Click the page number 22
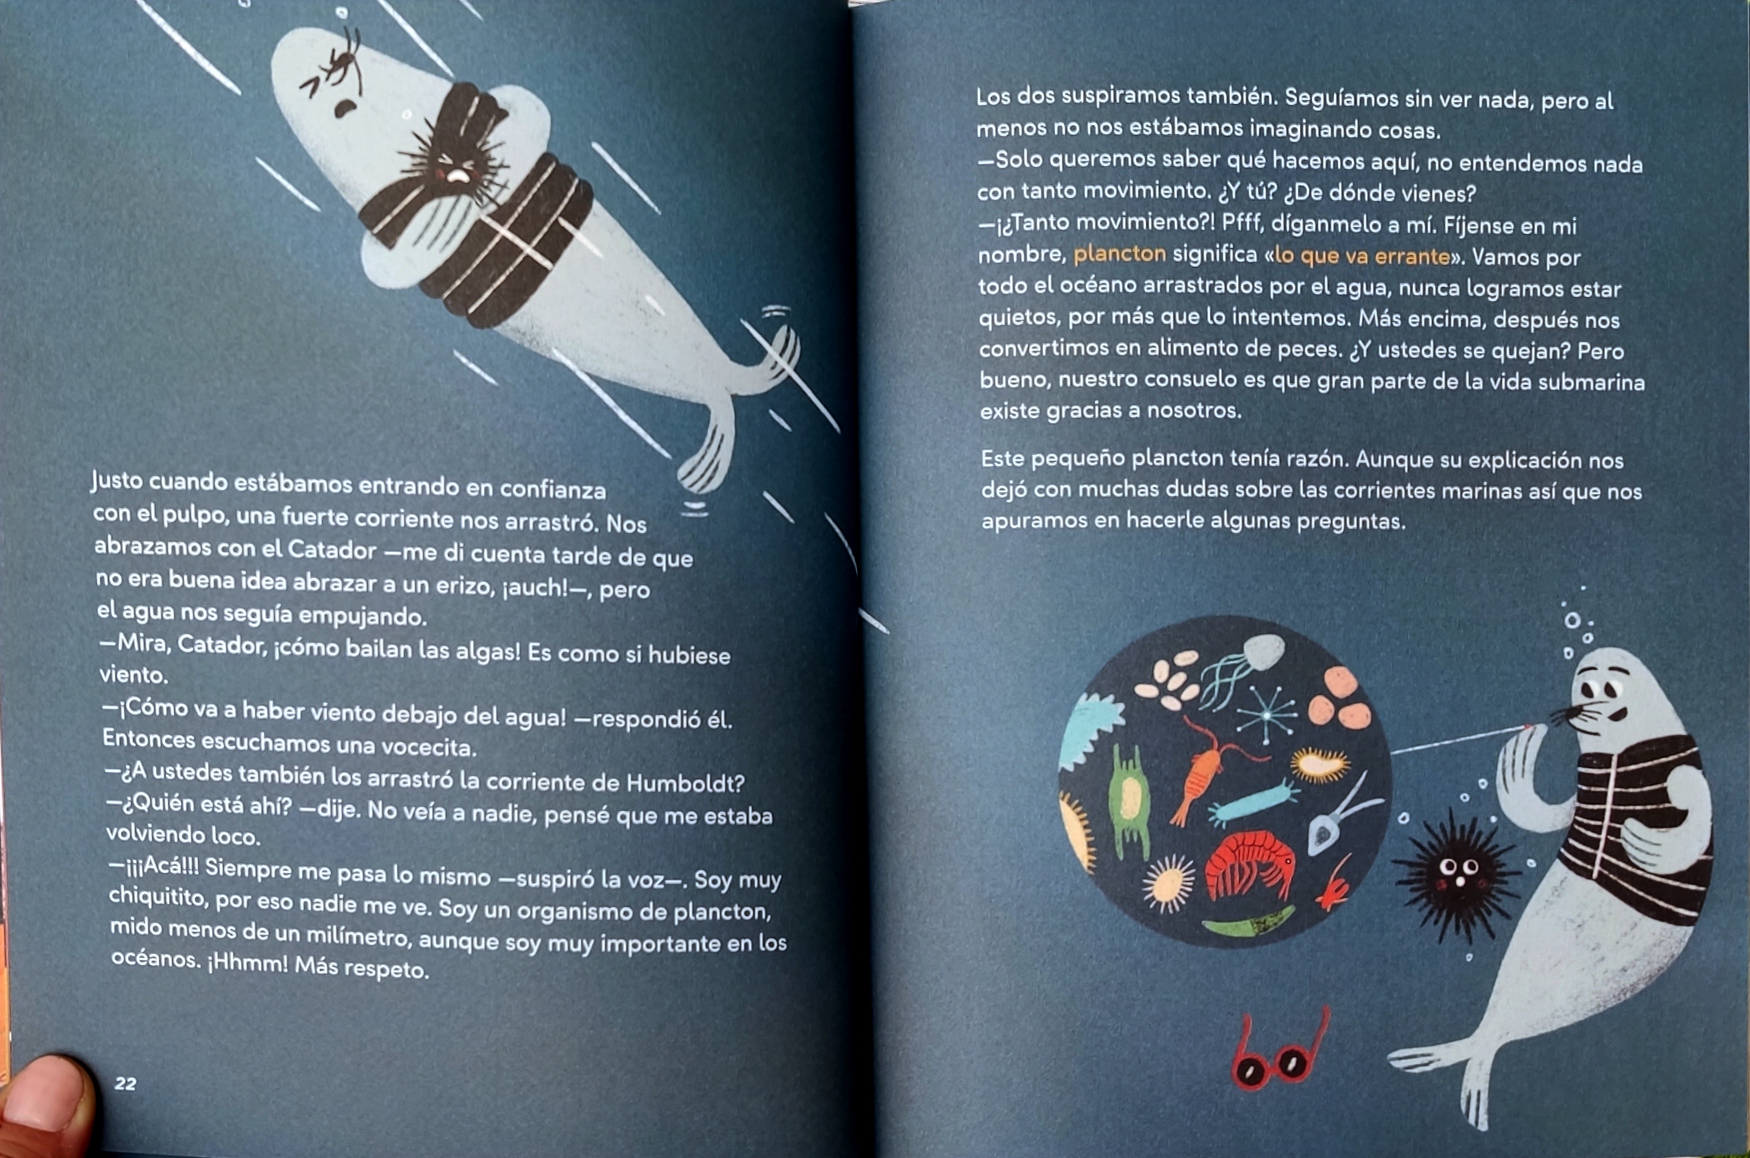coord(126,1083)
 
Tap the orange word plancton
coord(1119,255)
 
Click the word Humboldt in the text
coord(684,783)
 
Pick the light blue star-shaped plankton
coord(1267,714)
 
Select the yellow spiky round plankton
coord(1168,882)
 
